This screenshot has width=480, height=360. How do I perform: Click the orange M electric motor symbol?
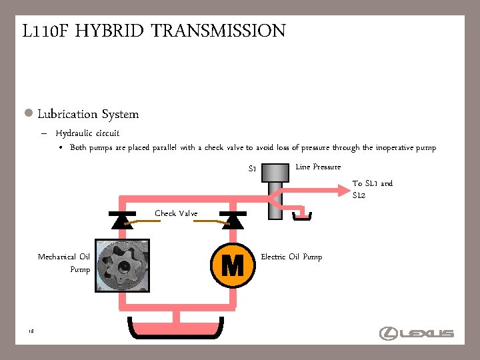tap(232, 265)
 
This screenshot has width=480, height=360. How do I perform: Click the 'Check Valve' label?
tap(176, 213)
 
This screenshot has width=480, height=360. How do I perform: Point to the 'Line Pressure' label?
tap(318, 167)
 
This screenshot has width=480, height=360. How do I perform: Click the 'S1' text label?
tap(253, 169)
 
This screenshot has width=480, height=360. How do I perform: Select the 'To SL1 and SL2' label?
tap(372, 189)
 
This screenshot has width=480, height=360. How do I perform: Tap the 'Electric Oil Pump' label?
tap(291, 257)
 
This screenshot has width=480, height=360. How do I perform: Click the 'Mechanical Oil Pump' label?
tap(64, 263)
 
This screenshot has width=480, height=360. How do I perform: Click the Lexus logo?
tap(417, 333)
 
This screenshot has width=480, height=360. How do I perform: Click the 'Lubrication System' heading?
tap(88, 114)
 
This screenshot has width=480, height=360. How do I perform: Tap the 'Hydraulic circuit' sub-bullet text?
tap(87, 133)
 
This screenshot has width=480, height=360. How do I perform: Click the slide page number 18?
tap(32, 331)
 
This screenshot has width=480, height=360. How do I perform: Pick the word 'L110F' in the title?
tap(45, 31)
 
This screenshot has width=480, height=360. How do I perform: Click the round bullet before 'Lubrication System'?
tap(29, 113)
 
